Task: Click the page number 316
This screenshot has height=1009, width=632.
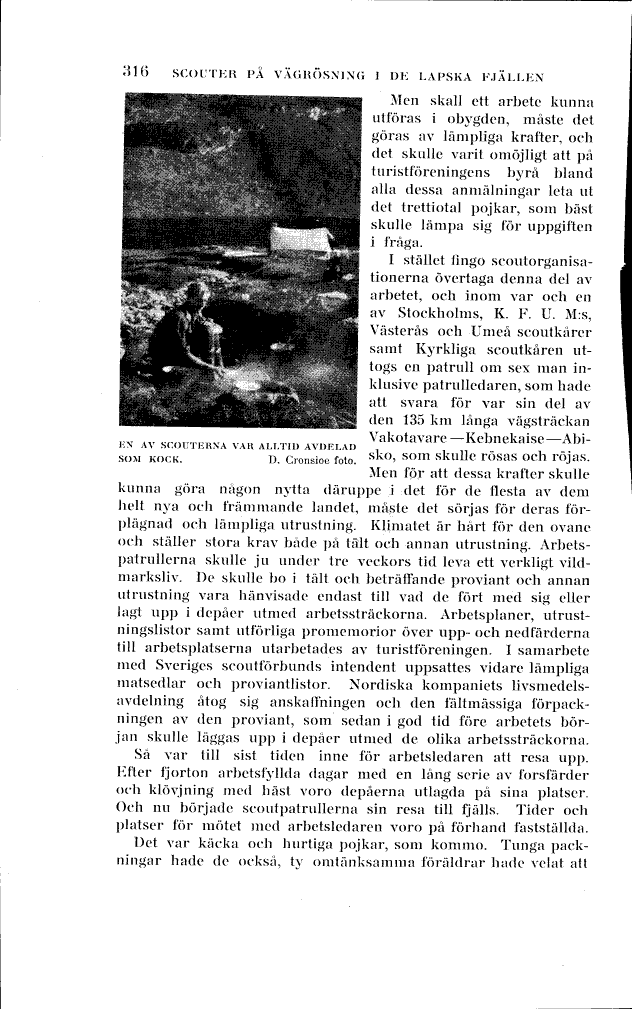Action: pyautogui.click(x=135, y=73)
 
